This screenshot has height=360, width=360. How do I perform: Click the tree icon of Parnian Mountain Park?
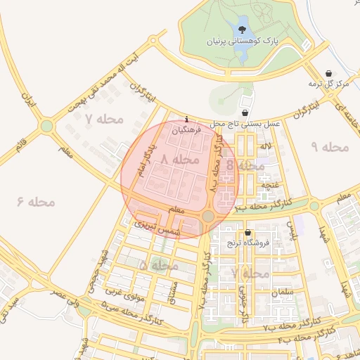point(243,30)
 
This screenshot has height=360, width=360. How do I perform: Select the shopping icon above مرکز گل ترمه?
point(329,73)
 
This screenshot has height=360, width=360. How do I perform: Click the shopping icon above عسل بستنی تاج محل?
point(244,112)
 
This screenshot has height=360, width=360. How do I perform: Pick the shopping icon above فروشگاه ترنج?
point(247,233)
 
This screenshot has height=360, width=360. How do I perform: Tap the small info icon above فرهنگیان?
point(186,119)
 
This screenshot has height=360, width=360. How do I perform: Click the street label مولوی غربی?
point(125,289)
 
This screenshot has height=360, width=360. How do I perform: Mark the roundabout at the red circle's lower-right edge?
point(207,217)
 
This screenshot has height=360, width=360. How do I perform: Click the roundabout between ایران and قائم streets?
point(46,127)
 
